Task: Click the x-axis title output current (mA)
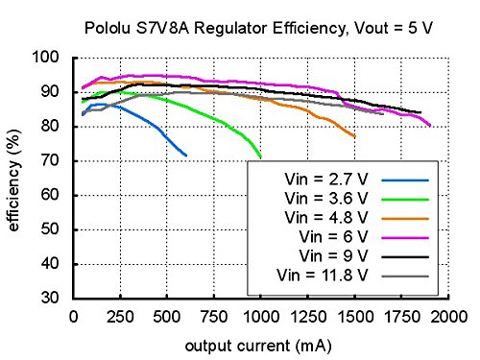click(260, 344)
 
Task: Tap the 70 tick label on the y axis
click(54, 160)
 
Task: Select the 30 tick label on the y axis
click(54, 298)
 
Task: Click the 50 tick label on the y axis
click(54, 229)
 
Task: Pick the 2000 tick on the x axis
click(447, 315)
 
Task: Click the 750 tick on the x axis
click(213, 315)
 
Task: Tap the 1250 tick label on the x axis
click(307, 315)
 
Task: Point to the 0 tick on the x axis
click(73, 315)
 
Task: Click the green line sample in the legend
click(404, 199)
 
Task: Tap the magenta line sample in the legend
click(404, 237)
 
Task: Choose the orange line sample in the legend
click(404, 218)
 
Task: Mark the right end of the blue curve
click(186, 156)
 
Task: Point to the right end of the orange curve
click(354, 136)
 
